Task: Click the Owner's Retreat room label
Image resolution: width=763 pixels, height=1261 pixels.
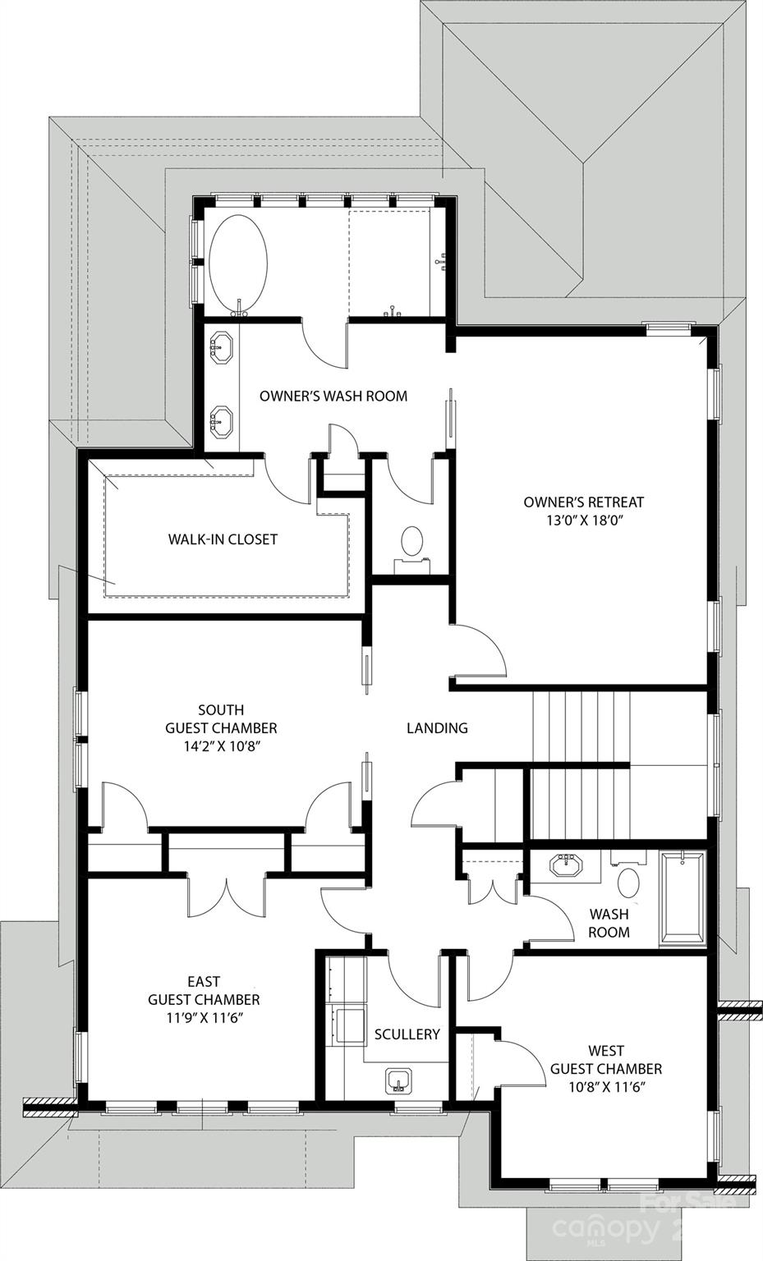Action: click(583, 502)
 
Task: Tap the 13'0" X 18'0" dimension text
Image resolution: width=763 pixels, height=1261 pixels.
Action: click(583, 520)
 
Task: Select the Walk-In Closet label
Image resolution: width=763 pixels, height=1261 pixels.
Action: click(223, 539)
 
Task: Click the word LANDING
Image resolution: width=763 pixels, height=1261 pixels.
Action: click(437, 727)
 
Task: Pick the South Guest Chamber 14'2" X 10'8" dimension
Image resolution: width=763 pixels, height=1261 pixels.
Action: click(221, 746)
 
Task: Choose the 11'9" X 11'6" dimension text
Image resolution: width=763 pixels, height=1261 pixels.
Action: click(204, 1018)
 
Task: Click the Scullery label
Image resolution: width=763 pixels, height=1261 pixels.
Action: click(407, 1034)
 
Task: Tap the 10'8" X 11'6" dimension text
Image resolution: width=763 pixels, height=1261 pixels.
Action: click(605, 1087)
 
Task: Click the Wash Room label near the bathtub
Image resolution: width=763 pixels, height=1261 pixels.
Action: click(609, 923)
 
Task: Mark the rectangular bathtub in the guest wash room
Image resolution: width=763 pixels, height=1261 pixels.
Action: click(682, 898)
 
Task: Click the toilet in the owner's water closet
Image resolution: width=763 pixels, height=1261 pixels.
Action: click(411, 543)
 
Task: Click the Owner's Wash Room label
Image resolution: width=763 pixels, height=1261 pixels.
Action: click(333, 396)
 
